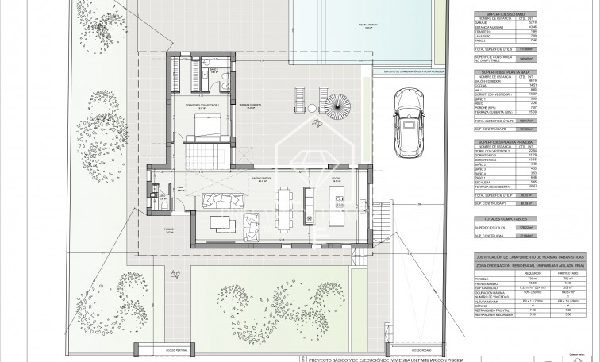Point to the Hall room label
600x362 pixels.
point(179,187)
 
